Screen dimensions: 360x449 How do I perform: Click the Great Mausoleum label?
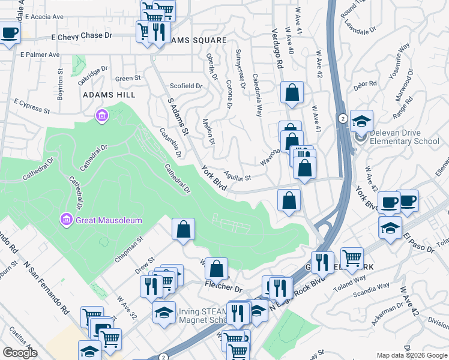click(109, 220)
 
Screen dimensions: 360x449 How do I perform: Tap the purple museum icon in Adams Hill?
click(101, 115)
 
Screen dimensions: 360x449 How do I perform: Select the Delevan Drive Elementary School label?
click(405, 142)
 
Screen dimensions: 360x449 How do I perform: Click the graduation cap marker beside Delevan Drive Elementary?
click(362, 121)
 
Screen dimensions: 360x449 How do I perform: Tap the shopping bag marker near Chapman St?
click(183, 229)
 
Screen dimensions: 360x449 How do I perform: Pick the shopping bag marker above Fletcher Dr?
click(216, 269)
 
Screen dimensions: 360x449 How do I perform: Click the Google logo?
click(20, 353)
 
